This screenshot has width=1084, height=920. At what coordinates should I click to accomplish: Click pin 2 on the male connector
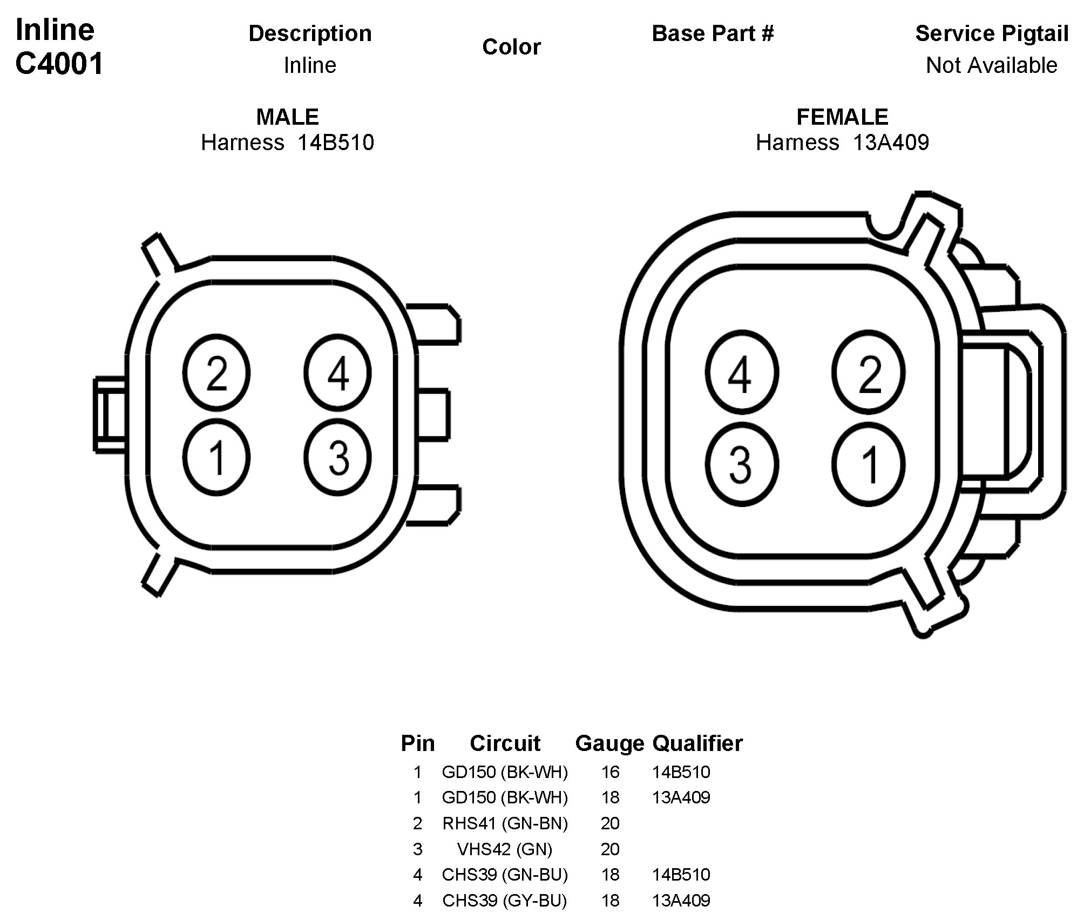(216, 373)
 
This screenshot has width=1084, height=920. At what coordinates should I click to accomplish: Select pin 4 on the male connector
(337, 373)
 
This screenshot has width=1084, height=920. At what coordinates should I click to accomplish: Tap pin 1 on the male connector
(216, 457)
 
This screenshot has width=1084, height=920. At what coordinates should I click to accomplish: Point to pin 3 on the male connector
(337, 457)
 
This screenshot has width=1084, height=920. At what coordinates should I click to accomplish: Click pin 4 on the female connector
(741, 373)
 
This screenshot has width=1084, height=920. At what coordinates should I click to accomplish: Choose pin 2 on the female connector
(868, 373)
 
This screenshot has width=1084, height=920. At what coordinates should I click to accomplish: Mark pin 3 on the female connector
(741, 464)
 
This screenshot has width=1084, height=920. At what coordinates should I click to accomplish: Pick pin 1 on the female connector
(868, 464)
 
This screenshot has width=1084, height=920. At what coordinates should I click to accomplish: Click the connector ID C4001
(59, 64)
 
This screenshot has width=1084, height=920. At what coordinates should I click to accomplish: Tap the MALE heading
(287, 117)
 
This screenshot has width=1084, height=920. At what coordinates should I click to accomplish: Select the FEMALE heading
(842, 117)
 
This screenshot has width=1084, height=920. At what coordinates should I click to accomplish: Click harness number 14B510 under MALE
(336, 143)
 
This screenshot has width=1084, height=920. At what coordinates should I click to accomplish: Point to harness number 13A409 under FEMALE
(891, 143)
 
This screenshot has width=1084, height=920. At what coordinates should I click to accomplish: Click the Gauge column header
(609, 743)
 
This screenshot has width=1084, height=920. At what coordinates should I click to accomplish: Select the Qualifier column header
(697, 743)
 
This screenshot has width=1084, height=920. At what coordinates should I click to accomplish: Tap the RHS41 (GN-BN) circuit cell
(505, 823)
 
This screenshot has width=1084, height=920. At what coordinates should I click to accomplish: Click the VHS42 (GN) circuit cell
(505, 849)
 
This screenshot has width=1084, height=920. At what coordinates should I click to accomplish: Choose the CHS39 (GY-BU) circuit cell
(505, 901)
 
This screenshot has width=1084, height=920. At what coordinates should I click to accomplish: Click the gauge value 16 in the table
(610, 772)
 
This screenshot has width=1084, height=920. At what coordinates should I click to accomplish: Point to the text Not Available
(991, 65)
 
